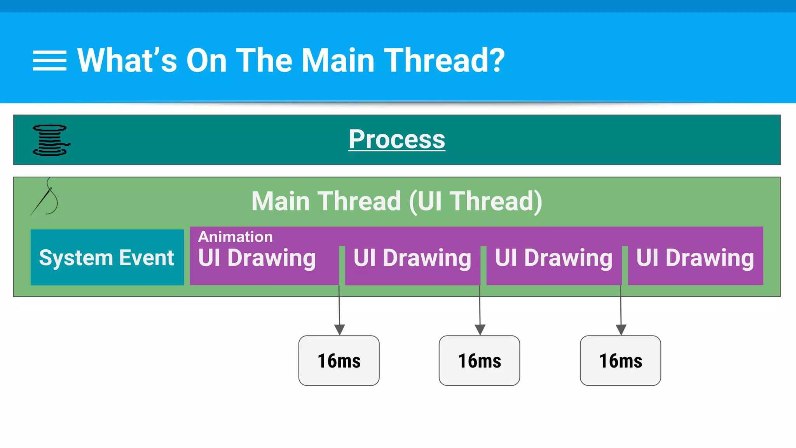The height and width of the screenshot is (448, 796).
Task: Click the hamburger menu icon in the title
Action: (49, 61)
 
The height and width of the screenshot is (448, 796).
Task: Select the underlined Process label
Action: (397, 139)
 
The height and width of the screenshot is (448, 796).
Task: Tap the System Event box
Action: (107, 257)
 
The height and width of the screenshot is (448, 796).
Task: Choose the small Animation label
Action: (236, 237)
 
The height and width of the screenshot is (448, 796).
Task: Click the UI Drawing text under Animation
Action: (257, 258)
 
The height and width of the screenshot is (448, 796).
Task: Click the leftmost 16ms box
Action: (339, 360)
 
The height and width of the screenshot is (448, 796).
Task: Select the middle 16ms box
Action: (479, 360)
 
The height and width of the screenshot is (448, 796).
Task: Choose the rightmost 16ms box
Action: (620, 360)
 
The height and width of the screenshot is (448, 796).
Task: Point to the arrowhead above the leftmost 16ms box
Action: (340, 330)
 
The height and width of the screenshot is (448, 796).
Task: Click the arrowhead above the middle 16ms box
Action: (480, 330)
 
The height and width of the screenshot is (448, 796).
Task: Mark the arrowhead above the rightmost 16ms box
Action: (621, 330)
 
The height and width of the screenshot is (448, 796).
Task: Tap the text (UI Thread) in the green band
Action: (476, 201)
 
